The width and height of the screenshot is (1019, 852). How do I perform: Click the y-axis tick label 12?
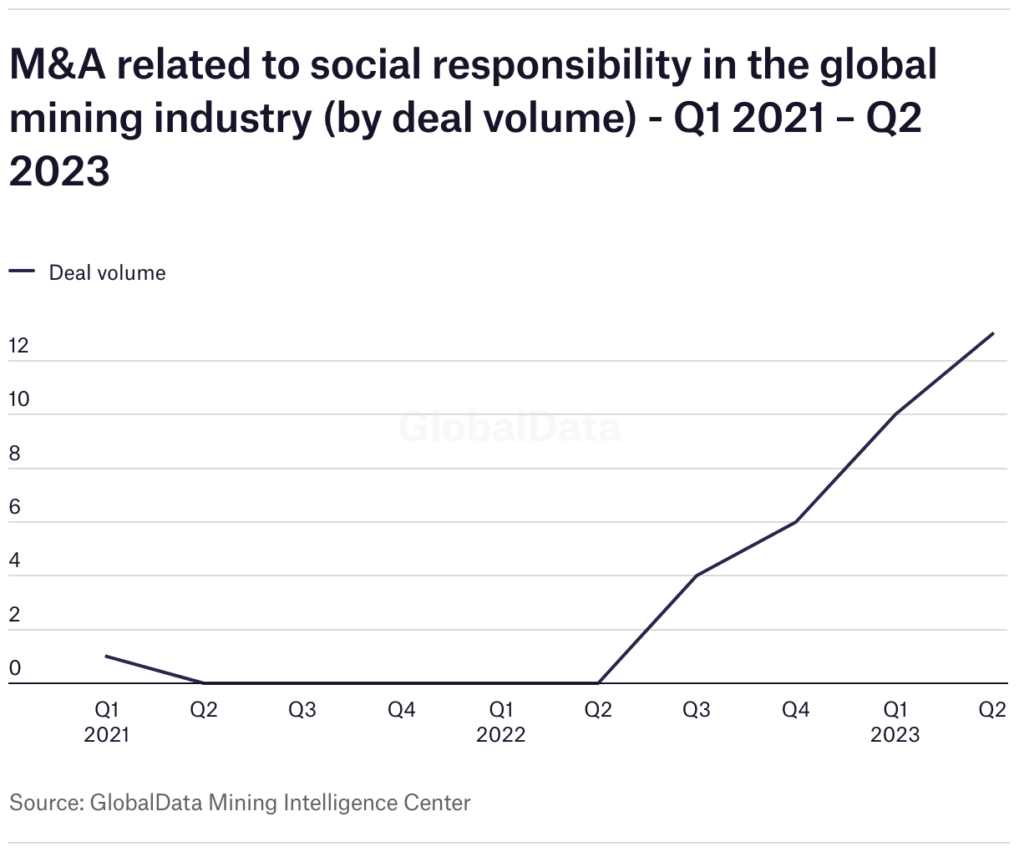coord(18,346)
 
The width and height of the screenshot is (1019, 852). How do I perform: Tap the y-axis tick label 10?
coord(18,399)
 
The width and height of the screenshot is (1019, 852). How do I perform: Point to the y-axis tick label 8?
coord(14,454)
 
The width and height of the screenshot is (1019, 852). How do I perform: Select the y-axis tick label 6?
coord(14,507)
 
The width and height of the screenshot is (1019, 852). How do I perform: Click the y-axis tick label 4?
coord(14,561)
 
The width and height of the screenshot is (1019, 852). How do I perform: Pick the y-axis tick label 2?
coord(14,615)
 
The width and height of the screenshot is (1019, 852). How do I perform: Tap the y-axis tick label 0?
coord(14,668)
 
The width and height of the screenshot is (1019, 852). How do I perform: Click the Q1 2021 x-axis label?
coord(107,722)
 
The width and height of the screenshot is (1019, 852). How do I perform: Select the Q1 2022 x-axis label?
coord(501,722)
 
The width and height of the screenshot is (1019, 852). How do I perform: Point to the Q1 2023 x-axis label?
coord(895,722)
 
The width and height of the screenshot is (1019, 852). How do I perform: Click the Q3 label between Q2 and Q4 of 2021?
coord(302,710)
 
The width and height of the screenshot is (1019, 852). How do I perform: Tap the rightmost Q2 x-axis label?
coord(992,710)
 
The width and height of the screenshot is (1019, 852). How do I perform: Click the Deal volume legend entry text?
coord(108,273)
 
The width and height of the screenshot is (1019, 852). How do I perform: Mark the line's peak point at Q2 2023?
coord(993,333)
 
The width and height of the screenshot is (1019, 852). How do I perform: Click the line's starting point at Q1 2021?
coord(106,657)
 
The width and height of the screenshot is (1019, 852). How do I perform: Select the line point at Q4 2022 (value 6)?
coord(796,522)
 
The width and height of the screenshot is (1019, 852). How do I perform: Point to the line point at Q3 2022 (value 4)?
coord(697,576)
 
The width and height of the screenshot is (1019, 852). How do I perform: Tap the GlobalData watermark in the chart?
coord(510,428)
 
